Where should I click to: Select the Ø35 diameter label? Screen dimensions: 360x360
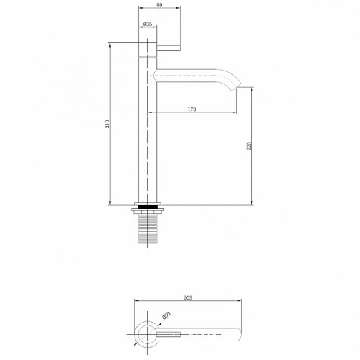pyautogui.click(x=147, y=25)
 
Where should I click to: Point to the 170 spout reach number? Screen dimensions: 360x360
pyautogui.click(x=192, y=109)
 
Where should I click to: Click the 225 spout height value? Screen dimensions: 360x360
pyautogui.click(x=249, y=145)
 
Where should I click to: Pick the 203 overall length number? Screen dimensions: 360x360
pyautogui.click(x=187, y=297)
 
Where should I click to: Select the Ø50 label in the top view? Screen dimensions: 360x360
pyautogui.click(x=166, y=315)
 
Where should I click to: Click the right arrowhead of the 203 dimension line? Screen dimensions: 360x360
pyautogui.click(x=240, y=302)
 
